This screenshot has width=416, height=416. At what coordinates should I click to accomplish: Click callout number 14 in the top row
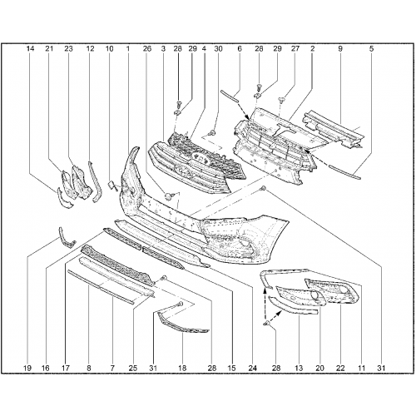30,49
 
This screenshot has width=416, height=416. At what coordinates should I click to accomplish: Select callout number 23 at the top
68,49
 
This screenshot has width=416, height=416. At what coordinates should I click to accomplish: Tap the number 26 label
147,49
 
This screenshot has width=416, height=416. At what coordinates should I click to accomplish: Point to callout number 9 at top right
340,49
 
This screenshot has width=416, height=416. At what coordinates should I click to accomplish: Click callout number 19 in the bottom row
27,369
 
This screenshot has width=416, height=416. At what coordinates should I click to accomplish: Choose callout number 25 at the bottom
133,369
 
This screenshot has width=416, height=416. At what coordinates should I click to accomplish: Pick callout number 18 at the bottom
182,369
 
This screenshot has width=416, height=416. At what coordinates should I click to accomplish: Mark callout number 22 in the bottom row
340,369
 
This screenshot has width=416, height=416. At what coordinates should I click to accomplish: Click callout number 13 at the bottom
299,369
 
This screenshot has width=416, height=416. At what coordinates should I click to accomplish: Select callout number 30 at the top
218,49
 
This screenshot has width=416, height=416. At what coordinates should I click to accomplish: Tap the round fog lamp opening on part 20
315,295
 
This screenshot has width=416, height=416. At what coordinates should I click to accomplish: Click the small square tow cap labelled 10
111,184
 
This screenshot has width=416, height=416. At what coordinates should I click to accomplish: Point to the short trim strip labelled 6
230,96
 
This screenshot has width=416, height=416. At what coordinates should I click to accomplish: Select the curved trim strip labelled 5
344,172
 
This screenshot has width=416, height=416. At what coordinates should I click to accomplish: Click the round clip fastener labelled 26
168,196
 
